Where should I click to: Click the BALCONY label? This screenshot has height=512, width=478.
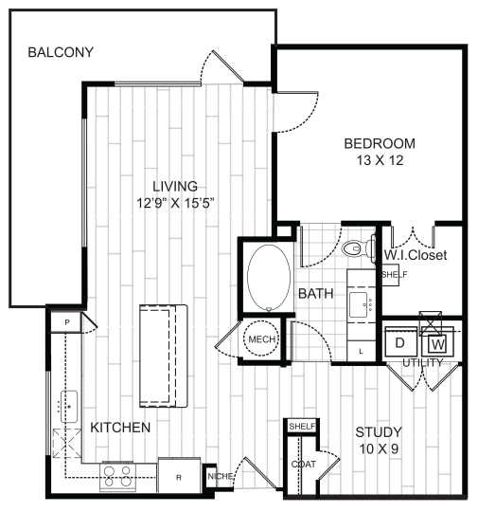pos(61,52)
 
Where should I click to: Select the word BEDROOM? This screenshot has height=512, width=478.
pos(379,143)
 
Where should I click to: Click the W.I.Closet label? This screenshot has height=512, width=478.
pos(416,256)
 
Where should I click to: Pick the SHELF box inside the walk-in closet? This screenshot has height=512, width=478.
pos(393,274)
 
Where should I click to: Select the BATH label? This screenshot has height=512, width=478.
pos(315,295)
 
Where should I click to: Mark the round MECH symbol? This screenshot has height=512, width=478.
pos(260,339)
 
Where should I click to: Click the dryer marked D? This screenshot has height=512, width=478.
pos(400,341)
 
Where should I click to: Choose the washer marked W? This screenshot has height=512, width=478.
pos(437,342)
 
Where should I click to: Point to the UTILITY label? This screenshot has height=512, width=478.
pos(421,362)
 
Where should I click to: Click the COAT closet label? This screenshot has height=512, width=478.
pos(303,464)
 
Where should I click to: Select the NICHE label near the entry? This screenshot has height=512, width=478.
pos(220,475)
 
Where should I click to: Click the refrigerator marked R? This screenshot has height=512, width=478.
pos(176,476)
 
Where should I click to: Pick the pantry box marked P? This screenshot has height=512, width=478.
pos(67,322)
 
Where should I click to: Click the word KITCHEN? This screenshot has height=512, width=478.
pos(120,429)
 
